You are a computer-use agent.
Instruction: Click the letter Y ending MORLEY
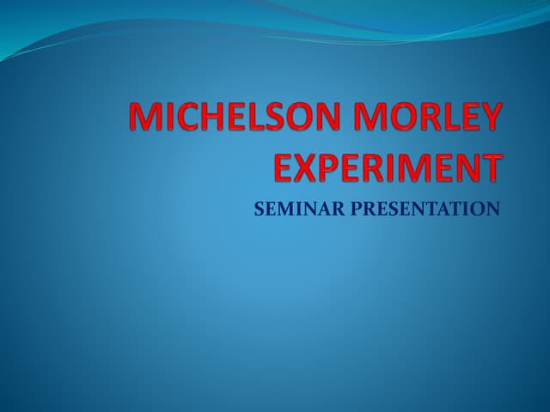[487, 118]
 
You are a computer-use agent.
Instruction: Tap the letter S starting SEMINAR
[260, 209]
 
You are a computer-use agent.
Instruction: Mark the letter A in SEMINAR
[313, 209]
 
